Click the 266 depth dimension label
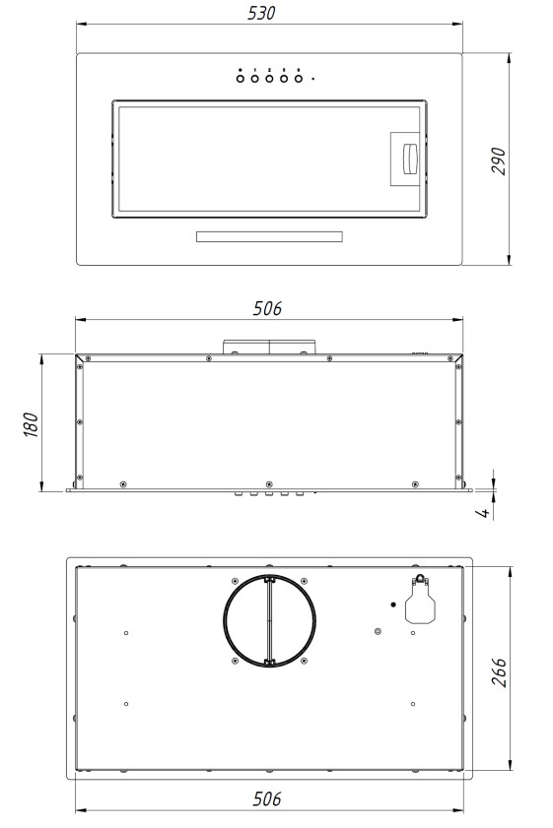click(x=500, y=671)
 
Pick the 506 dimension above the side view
click(x=267, y=308)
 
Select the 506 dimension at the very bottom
click(x=267, y=798)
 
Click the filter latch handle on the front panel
click(x=406, y=158)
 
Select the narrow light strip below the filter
click(x=268, y=237)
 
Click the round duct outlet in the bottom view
click(x=269, y=622)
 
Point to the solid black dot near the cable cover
click(x=392, y=604)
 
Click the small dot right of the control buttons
click(x=313, y=79)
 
